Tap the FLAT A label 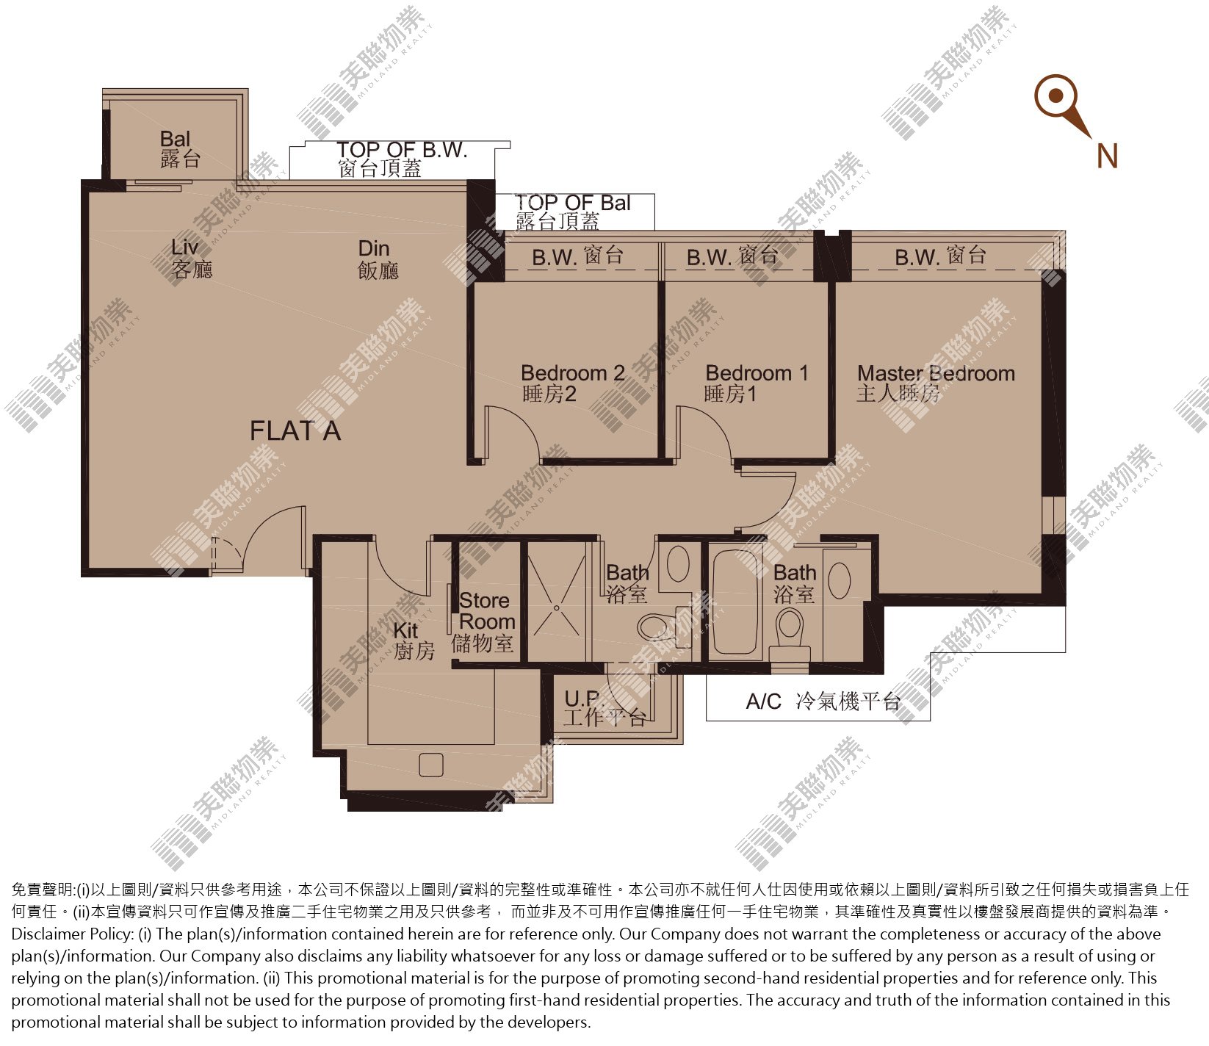[295, 431]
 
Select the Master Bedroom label [936, 383]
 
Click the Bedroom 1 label [757, 383]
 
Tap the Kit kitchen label [414, 641]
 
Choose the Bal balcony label [180, 148]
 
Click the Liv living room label [192, 259]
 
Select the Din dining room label [378, 259]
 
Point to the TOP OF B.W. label [402, 159]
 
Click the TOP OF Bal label [573, 212]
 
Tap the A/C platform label [823, 701]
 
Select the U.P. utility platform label [604, 707]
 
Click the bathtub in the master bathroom [735, 601]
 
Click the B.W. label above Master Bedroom [940, 256]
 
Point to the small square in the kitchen [431, 765]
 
